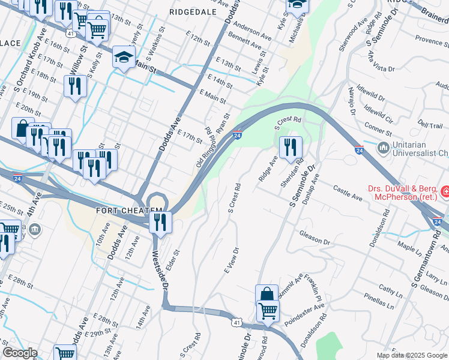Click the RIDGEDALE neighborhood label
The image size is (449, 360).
191,11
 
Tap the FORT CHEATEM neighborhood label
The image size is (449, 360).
130,210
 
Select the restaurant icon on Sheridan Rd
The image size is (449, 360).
291,146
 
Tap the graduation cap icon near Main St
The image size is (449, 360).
124,58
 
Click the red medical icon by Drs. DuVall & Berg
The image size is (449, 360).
445,192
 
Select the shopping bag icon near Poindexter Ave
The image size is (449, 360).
267,295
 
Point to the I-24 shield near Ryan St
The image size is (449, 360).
238,136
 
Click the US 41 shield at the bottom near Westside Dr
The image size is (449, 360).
238,323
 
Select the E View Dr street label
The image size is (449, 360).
232,261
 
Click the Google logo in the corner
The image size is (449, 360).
19,353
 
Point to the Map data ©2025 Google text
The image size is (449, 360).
411,355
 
